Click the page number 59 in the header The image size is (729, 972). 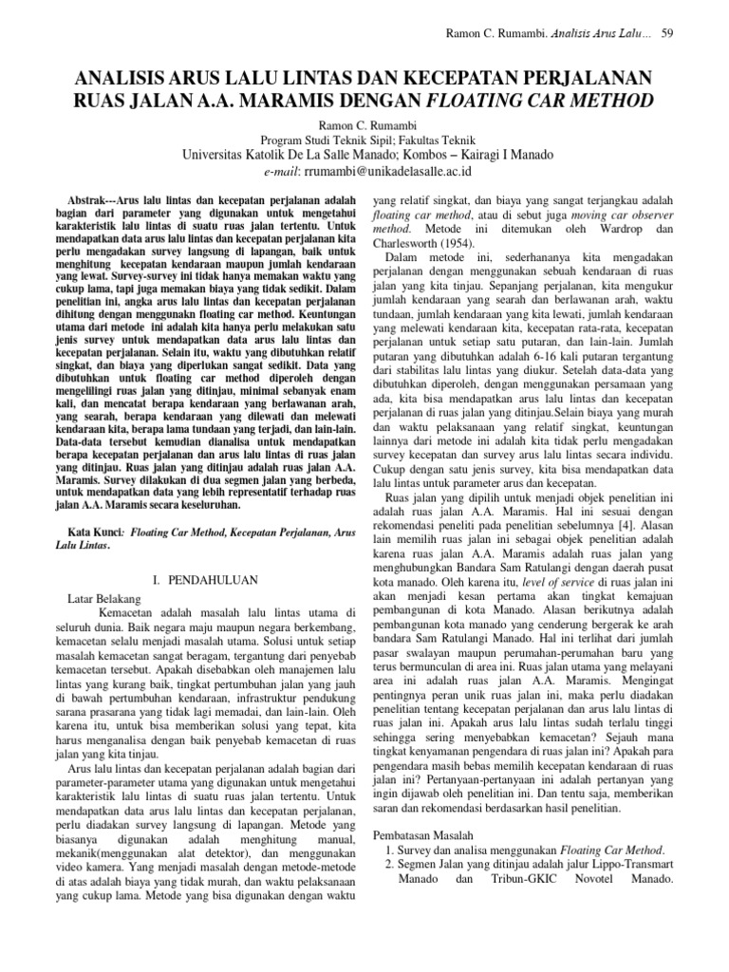pos(666,34)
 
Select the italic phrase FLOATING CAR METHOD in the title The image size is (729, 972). pos(552,100)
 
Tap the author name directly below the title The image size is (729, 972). pos(364,123)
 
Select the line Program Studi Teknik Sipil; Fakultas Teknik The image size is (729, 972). pos(364,140)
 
